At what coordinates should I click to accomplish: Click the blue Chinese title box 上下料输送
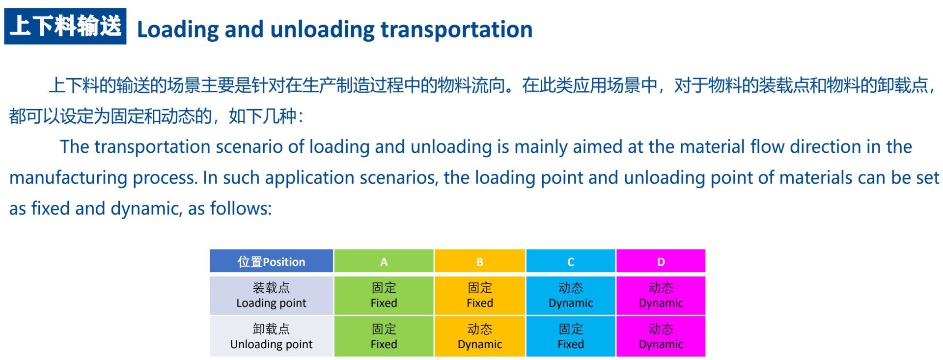click(x=65, y=26)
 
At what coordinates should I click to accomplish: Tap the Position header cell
click(x=272, y=261)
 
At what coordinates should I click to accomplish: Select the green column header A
click(x=384, y=261)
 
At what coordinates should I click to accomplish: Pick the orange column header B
click(x=480, y=261)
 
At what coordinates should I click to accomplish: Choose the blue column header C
click(x=571, y=261)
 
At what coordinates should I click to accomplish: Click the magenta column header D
click(x=661, y=261)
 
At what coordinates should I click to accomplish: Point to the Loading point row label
click(x=272, y=295)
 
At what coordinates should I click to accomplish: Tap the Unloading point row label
click(x=272, y=336)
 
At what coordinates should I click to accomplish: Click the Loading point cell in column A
click(x=384, y=295)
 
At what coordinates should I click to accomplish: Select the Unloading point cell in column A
click(x=384, y=336)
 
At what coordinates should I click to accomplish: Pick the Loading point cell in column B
click(x=480, y=295)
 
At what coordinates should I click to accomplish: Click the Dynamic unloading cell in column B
click(x=480, y=336)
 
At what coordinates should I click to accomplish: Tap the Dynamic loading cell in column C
click(x=571, y=295)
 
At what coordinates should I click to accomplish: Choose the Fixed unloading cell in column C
click(x=571, y=336)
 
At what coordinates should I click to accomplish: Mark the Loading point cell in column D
click(x=661, y=295)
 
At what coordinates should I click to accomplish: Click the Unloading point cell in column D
click(x=661, y=336)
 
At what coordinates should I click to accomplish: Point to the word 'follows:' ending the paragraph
click(x=241, y=209)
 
